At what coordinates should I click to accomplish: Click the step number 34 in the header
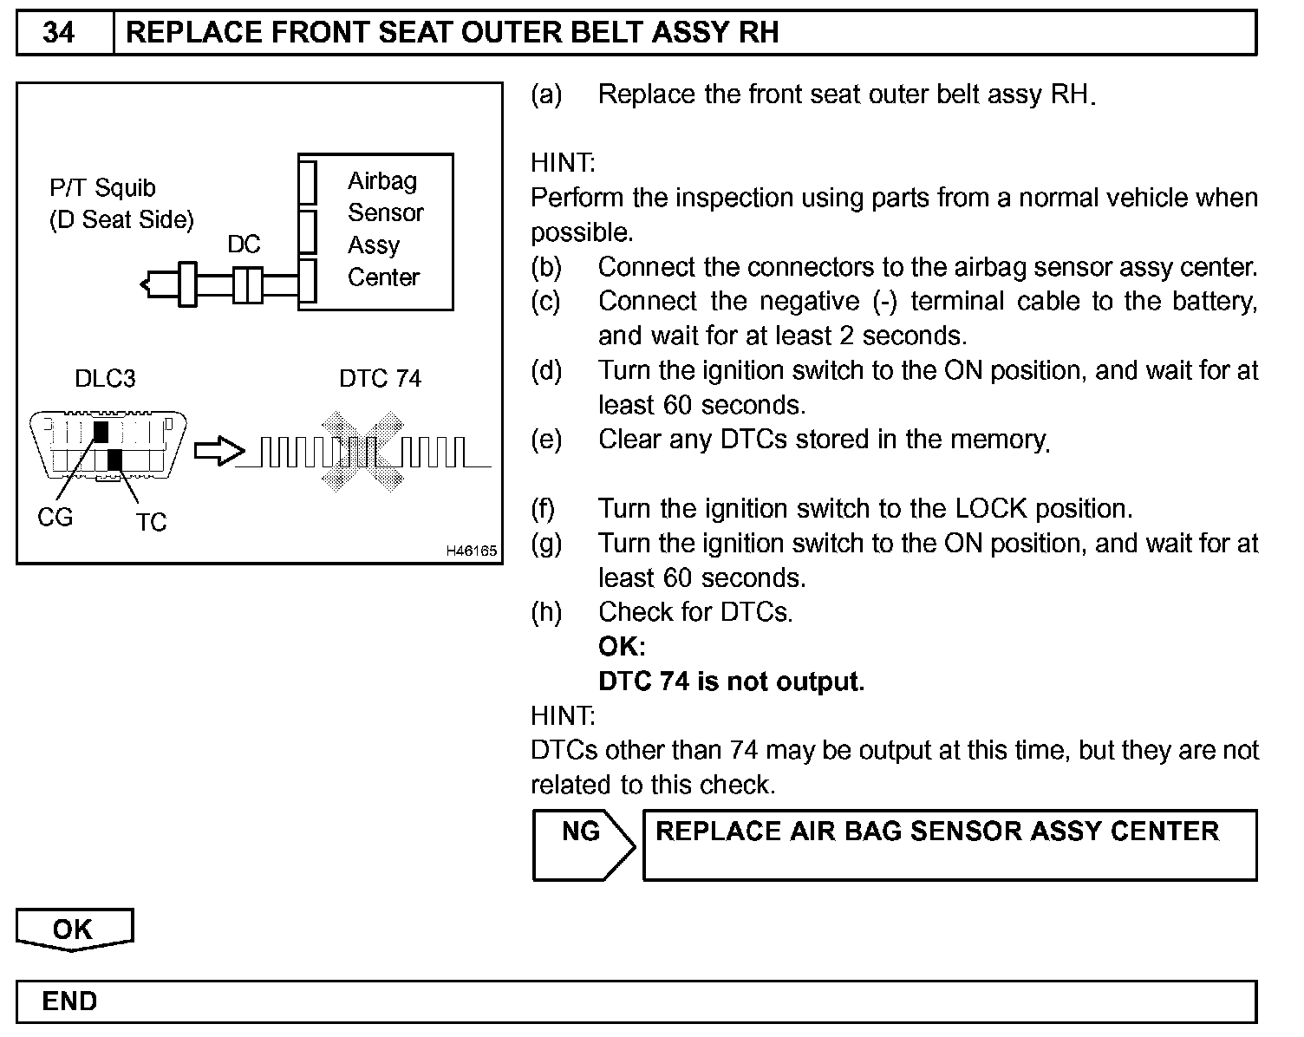pyautogui.click(x=58, y=33)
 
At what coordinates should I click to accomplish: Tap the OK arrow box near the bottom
pyautogui.click(x=74, y=929)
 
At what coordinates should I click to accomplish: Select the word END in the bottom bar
pyautogui.click(x=69, y=1001)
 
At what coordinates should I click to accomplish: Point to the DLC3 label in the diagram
pyautogui.click(x=105, y=379)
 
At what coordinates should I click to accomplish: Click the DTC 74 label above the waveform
pyautogui.click(x=380, y=379)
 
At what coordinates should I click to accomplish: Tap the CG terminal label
pyautogui.click(x=55, y=518)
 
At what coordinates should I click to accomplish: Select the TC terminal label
pyautogui.click(x=150, y=522)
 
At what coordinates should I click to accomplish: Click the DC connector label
pyautogui.click(x=244, y=245)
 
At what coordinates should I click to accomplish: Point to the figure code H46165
pyautogui.click(x=471, y=551)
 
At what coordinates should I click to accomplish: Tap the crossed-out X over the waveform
pyautogui.click(x=361, y=453)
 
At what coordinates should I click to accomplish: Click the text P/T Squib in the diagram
pyautogui.click(x=102, y=188)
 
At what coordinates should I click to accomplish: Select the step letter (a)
pyautogui.click(x=546, y=95)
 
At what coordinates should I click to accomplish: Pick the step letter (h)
pyautogui.click(x=546, y=612)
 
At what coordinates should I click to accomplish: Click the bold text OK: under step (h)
pyautogui.click(x=622, y=647)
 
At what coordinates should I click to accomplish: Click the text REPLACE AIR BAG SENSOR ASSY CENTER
pyautogui.click(x=937, y=832)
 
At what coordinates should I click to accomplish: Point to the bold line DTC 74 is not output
pyautogui.click(x=731, y=682)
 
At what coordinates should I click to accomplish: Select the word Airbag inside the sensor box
pyautogui.click(x=382, y=181)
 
